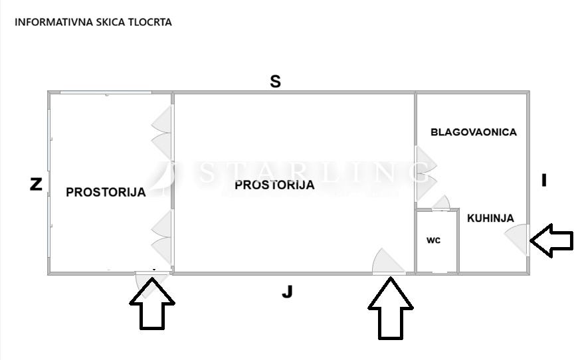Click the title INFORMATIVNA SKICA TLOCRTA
[x=93, y=22]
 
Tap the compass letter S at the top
[x=275, y=82]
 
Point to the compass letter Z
[x=36, y=184]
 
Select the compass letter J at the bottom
[x=287, y=292]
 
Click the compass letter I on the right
[x=544, y=180]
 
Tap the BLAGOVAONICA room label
[x=473, y=132]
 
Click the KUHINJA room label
[x=490, y=218]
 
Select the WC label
[x=433, y=240]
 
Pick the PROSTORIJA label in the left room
[x=106, y=193]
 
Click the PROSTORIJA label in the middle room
[x=274, y=185]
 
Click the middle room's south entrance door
[x=388, y=262]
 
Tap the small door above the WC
[x=441, y=203]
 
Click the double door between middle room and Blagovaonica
[x=425, y=173]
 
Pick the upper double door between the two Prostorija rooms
[x=162, y=131]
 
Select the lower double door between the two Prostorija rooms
[x=162, y=237]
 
